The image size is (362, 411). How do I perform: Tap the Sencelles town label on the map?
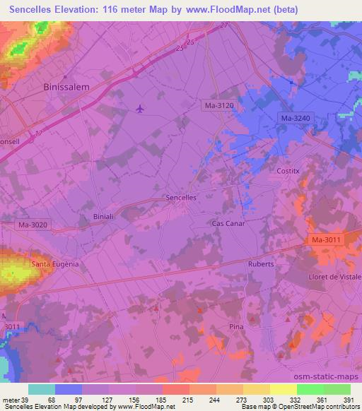click(x=180, y=198)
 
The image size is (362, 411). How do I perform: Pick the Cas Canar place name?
click(x=226, y=223)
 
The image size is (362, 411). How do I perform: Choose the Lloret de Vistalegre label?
click(x=334, y=276)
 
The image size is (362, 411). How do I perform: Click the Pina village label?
click(x=236, y=326)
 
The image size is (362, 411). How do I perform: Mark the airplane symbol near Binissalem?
click(x=139, y=109)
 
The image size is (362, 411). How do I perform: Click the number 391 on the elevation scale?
click(x=349, y=400)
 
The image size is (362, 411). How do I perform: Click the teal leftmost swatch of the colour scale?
click(x=42, y=389)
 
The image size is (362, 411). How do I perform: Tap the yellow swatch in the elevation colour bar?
click(x=284, y=389)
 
